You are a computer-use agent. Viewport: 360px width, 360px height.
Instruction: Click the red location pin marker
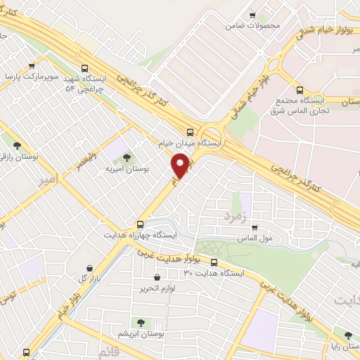coord(181,166)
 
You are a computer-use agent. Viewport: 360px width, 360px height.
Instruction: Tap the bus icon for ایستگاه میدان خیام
coord(189,131)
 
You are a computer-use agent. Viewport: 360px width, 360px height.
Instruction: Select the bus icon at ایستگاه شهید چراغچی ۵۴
coord(85,69)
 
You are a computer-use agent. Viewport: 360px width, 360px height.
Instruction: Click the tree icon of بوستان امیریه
coord(127,157)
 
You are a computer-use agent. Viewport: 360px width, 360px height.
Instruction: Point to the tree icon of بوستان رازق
coord(16,146)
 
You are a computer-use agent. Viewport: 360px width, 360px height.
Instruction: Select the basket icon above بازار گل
coord(89,268)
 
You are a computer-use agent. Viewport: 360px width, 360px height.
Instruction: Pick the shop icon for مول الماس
coord(254,227)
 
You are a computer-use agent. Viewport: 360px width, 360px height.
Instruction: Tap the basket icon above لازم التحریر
coord(155,278)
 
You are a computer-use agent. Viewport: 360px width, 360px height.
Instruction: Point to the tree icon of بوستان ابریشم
coord(141,323)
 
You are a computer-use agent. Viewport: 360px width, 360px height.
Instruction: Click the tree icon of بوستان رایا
coord(347,335)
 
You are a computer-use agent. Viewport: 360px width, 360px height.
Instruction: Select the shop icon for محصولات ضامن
coord(252,15)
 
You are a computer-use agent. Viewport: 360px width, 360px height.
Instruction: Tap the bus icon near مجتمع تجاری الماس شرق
coord(300,90)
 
